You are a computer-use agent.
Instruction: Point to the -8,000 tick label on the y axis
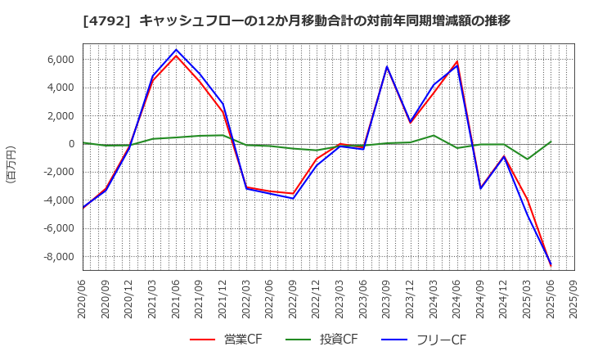click(55, 257)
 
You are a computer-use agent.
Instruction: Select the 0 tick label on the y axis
click(71, 144)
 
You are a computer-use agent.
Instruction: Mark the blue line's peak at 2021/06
click(177, 50)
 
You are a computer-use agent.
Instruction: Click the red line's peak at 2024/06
click(457, 61)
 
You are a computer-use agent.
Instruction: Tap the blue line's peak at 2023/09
click(387, 66)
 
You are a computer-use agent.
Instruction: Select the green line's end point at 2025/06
click(551, 142)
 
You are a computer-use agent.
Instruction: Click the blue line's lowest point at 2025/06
click(551, 264)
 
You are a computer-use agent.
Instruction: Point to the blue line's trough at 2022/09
click(294, 199)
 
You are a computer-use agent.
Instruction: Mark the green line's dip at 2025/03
click(528, 159)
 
